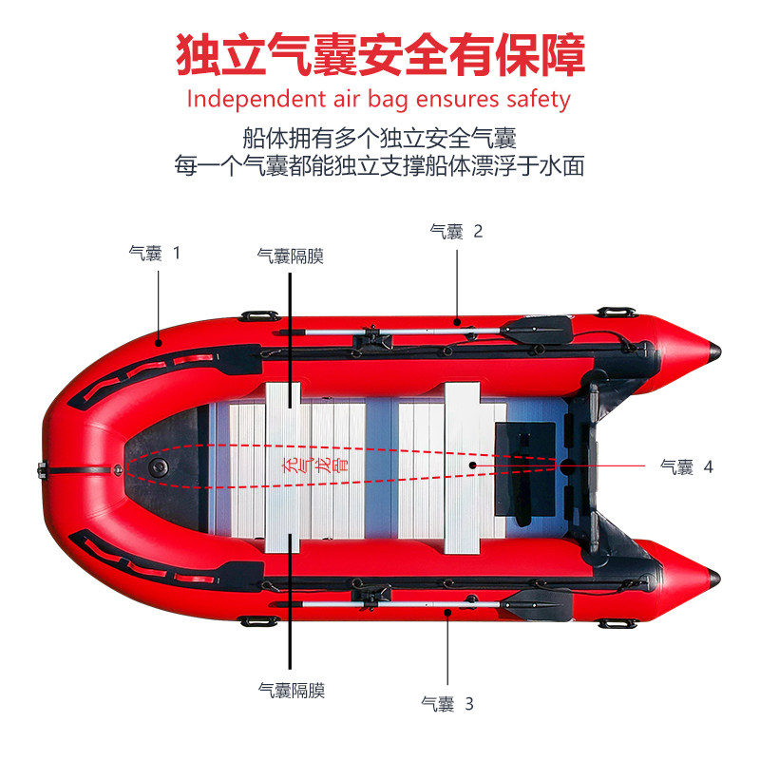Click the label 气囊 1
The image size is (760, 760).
coord(154,254)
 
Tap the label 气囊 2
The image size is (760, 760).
coord(456,231)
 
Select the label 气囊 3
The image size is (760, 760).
coord(446,704)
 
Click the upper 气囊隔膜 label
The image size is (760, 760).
coord(290,256)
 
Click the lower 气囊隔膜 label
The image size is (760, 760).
coord(291,691)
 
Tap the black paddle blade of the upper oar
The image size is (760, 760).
coord(537,330)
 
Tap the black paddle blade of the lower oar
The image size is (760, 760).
coord(537,601)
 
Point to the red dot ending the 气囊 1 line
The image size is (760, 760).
coord(159,342)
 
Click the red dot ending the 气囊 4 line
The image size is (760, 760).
coord(472,465)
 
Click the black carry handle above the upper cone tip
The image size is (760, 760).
coord(616,312)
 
